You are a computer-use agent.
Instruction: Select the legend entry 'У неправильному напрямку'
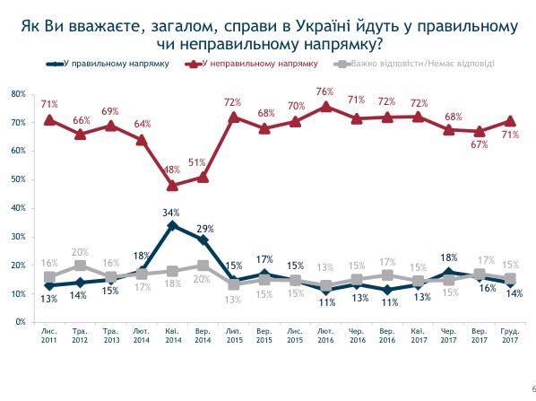[254, 64]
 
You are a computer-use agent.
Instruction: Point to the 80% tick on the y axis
[17, 93]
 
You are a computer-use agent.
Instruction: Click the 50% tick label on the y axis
[17, 179]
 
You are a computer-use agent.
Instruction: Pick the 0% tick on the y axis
[19, 321]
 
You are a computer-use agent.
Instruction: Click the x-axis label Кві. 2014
[171, 336]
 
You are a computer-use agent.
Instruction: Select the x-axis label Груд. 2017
[510, 336]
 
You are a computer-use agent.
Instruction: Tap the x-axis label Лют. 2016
[325, 336]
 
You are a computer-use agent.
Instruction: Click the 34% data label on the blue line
[171, 213]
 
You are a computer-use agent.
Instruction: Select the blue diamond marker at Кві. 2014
[171, 225]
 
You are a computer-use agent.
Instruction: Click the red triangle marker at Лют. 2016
[325, 106]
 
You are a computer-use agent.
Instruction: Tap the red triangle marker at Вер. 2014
[203, 178]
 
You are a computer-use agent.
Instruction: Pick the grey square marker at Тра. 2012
[80, 266]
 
